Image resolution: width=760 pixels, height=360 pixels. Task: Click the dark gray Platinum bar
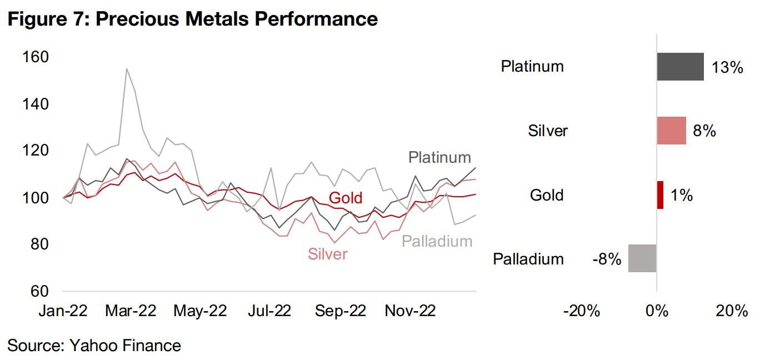pyautogui.click(x=680, y=67)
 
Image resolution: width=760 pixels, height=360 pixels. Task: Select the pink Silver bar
pyautogui.click(x=671, y=131)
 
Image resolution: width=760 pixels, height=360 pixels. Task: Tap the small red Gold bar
pyautogui.click(x=660, y=195)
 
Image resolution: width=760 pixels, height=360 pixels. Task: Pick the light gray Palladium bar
pyautogui.click(x=642, y=258)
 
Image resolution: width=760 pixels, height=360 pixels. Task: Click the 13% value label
pyautogui.click(x=727, y=67)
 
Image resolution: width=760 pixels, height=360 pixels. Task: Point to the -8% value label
pyautogui.click(x=606, y=258)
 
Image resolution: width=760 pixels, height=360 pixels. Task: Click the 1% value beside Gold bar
pyautogui.click(x=681, y=195)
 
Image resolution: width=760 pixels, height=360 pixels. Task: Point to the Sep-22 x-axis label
pyautogui.click(x=341, y=311)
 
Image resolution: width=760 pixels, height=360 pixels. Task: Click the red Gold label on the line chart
pyautogui.click(x=346, y=198)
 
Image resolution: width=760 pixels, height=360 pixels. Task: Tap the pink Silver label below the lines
pyautogui.click(x=328, y=254)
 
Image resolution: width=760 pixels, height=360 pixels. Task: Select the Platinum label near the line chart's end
pyautogui.click(x=439, y=157)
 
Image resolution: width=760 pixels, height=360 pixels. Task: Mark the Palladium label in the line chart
pyautogui.click(x=437, y=241)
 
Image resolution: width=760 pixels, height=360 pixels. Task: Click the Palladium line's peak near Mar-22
pyautogui.click(x=127, y=69)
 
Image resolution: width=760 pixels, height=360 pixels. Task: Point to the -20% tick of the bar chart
pyautogui.click(x=582, y=311)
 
